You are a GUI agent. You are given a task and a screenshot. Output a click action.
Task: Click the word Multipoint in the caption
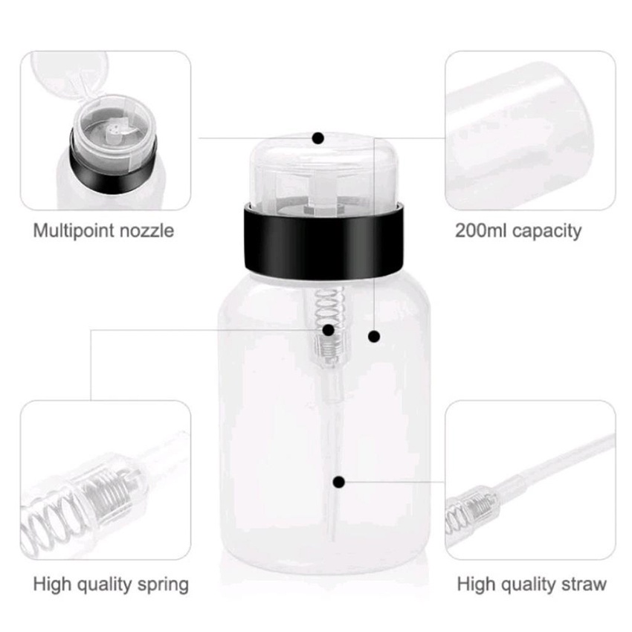(x=73, y=231)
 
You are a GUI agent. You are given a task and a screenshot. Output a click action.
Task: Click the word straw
(x=581, y=584)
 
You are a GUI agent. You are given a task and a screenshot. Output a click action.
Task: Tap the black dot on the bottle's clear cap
(x=318, y=138)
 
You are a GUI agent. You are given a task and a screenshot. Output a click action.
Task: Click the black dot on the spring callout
(x=329, y=330)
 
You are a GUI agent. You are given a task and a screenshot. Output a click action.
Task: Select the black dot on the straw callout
(x=339, y=482)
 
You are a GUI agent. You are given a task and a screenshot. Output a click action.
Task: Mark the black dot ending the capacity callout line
(x=374, y=336)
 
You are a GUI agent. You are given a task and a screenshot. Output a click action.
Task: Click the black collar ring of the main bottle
(x=323, y=241)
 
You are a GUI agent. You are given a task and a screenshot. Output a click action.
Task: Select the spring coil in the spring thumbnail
(x=80, y=500)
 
